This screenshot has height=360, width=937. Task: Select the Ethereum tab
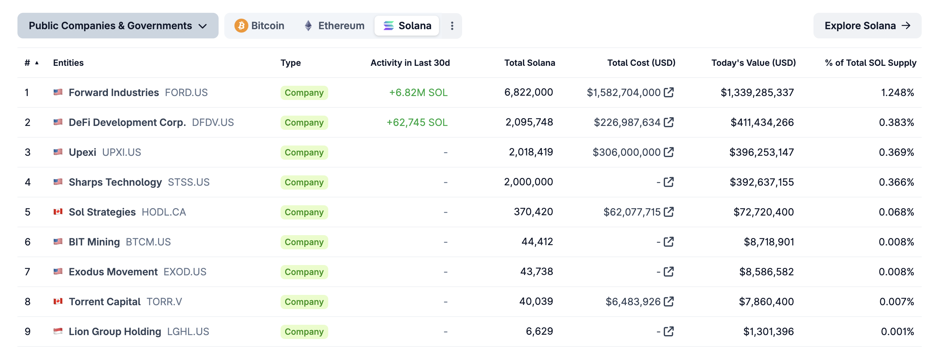(x=334, y=26)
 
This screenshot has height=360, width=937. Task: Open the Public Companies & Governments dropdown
(x=118, y=26)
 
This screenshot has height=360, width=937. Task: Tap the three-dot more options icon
(x=452, y=26)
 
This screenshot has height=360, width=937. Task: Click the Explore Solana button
(x=867, y=26)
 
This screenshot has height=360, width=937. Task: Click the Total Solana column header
(x=529, y=63)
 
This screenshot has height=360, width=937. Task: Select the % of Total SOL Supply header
(x=870, y=63)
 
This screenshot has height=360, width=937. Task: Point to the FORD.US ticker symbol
(x=186, y=93)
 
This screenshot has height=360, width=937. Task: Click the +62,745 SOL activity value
(x=417, y=122)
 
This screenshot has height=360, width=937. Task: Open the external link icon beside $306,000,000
(x=669, y=152)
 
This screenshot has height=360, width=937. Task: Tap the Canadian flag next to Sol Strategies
(x=58, y=212)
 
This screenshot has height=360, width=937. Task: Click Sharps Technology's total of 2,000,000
(x=528, y=182)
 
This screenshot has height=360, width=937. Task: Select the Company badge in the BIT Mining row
(x=304, y=242)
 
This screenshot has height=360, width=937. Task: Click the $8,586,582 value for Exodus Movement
(x=766, y=272)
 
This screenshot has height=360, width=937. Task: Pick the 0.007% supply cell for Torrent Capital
(x=896, y=302)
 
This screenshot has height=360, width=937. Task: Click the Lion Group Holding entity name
(x=115, y=332)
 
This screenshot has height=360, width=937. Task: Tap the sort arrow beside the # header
(x=37, y=63)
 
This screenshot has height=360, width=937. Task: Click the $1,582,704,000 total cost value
(x=623, y=93)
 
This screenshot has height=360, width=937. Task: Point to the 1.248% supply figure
(x=897, y=93)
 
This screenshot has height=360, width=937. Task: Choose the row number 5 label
(x=28, y=212)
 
